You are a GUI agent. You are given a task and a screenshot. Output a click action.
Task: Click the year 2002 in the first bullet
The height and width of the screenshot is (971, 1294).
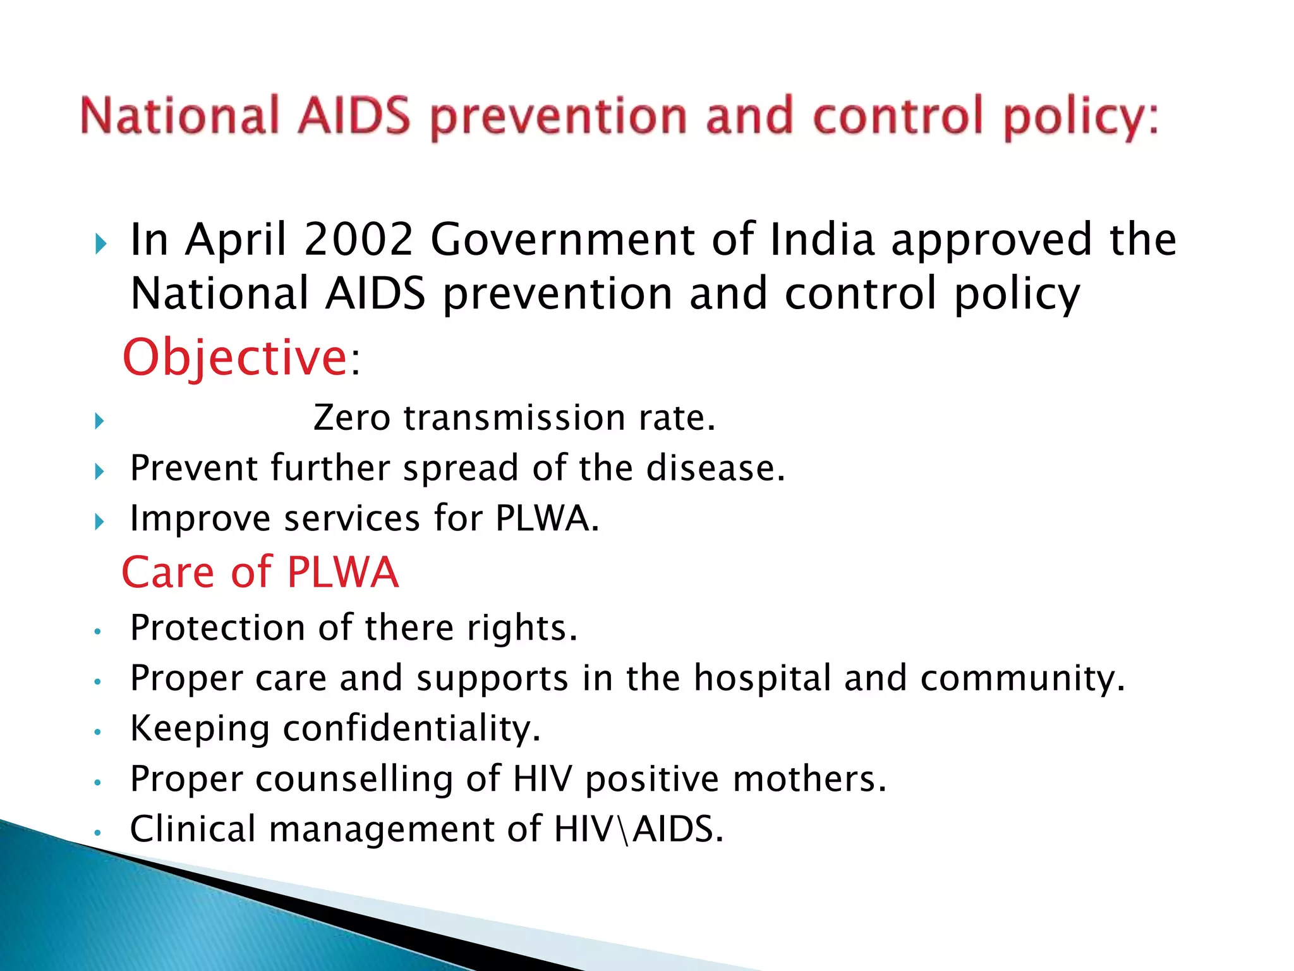[x=358, y=240]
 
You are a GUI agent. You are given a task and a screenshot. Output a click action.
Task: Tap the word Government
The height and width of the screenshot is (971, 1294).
[x=562, y=240]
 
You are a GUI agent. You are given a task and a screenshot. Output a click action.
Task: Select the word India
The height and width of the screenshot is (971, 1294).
[x=822, y=240]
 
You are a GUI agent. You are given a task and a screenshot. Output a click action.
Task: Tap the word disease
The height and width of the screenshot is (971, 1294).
[x=715, y=468]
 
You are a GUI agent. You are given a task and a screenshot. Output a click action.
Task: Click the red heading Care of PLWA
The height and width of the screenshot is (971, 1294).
[x=260, y=572]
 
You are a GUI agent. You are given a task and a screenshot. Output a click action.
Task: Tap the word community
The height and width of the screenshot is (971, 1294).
[x=1022, y=678]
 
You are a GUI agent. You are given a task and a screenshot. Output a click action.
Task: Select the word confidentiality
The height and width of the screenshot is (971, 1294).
[x=411, y=728]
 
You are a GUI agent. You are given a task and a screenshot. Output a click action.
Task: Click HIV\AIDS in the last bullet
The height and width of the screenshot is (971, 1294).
[x=638, y=829]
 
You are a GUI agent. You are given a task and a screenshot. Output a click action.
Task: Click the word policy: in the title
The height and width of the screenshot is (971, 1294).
[x=1081, y=117]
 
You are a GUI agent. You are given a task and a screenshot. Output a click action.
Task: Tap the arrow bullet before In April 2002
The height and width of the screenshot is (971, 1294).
[x=100, y=244]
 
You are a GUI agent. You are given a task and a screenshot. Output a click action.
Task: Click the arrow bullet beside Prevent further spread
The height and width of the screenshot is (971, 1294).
[x=99, y=472]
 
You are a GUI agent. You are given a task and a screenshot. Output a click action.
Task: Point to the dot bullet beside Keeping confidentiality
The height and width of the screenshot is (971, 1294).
[x=97, y=732]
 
